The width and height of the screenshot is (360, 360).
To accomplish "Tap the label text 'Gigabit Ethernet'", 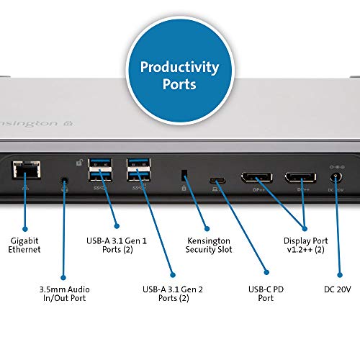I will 25,244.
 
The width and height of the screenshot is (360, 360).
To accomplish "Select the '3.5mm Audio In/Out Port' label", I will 65,294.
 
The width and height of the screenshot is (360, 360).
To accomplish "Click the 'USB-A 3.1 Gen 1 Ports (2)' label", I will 119,244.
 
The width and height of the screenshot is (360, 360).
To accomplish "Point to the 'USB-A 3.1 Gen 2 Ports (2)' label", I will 173,294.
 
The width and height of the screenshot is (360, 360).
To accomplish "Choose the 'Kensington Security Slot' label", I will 207,244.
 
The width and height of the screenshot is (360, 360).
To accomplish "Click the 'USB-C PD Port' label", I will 266,294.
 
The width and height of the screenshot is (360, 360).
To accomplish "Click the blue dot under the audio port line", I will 65,276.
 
